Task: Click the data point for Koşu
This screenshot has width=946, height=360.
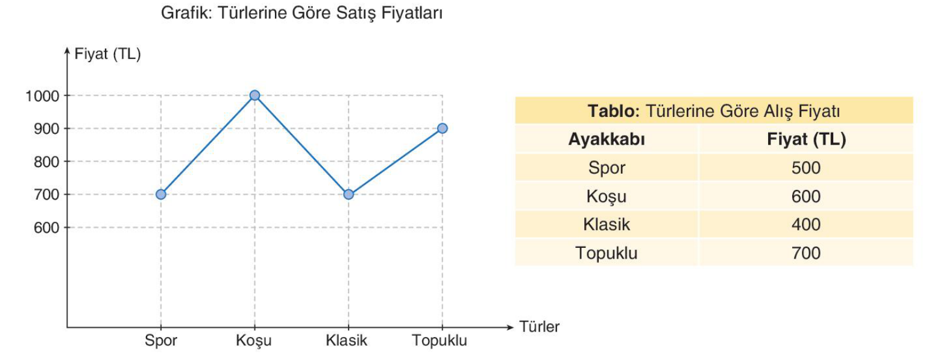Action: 254,95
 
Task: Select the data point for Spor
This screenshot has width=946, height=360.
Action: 161,194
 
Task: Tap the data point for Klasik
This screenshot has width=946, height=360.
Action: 348,194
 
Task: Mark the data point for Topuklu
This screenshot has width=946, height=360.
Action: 442,128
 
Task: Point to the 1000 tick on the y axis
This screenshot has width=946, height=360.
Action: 42,96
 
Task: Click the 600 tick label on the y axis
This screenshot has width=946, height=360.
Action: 46,228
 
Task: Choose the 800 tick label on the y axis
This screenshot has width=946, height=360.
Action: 46,162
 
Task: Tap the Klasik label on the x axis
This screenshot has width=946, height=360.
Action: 346,341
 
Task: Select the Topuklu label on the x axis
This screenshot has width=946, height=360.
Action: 439,341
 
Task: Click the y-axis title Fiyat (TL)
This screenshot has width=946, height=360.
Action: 107,54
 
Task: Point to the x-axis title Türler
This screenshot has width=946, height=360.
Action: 539,327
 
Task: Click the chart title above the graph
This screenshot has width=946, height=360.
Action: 301,13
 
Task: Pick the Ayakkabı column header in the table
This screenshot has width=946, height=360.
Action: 607,139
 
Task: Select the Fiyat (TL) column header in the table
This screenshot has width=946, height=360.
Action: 806,139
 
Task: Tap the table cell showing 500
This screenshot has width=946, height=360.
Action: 806,168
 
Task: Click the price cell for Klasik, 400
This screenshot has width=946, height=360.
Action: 806,224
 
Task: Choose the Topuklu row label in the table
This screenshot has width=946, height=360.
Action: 607,253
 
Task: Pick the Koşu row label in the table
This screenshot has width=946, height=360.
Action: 607,197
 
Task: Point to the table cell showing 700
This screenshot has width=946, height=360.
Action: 806,253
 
